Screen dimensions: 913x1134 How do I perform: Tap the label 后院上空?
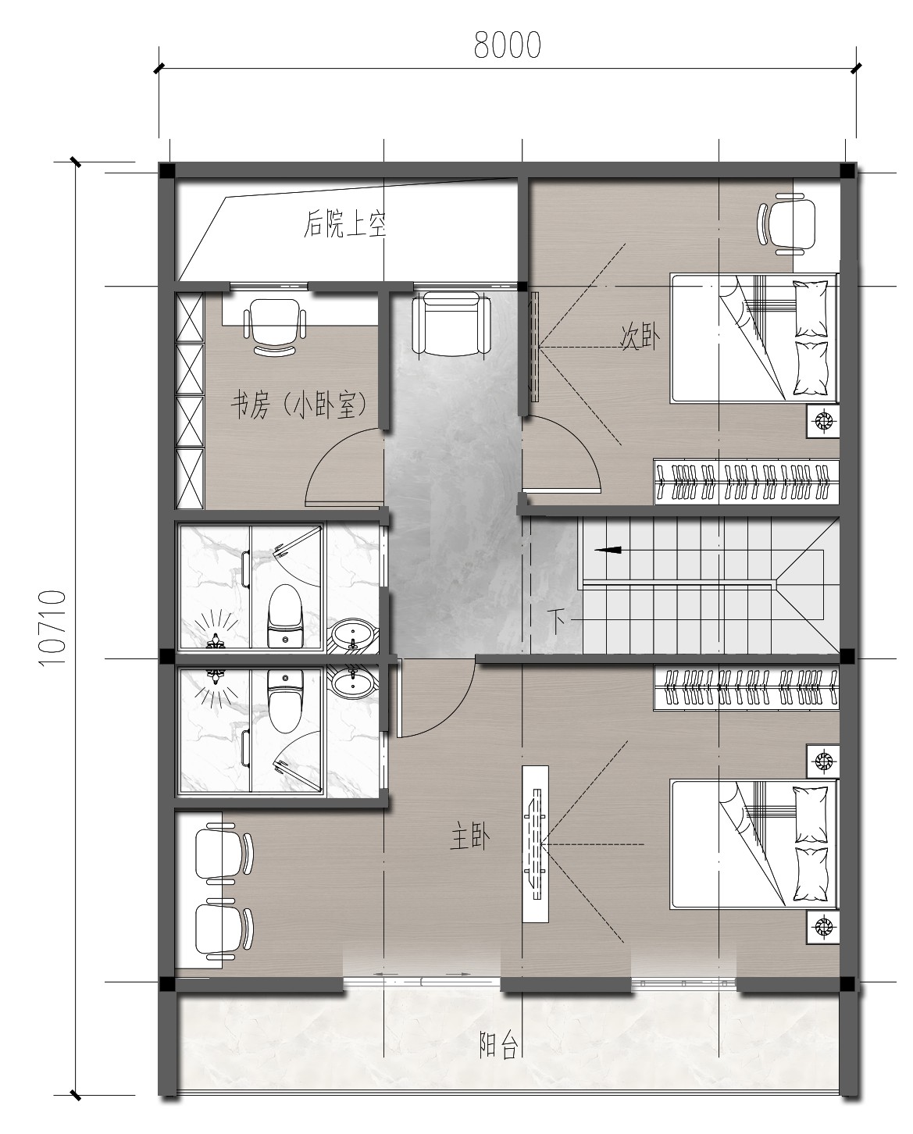point(344,224)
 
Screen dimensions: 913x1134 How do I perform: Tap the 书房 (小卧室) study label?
point(298,406)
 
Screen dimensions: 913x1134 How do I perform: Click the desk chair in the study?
point(275,326)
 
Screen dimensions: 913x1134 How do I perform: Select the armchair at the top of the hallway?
point(451,323)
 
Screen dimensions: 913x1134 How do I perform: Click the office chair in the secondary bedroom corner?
point(786,223)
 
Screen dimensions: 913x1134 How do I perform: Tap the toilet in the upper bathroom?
point(284,615)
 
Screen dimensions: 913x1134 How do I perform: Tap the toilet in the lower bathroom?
point(284,700)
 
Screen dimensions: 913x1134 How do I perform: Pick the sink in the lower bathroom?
point(353,683)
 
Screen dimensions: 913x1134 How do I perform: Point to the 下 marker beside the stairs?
point(557,621)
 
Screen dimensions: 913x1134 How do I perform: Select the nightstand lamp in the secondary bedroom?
point(823,420)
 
